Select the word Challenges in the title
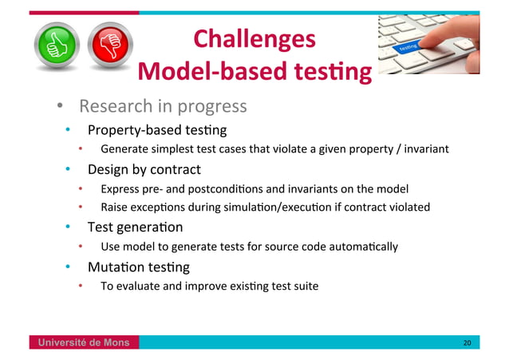point(254,38)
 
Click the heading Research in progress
point(162,107)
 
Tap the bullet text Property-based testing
point(157,130)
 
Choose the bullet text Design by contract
point(144,169)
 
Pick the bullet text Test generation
point(135,227)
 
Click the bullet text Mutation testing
point(138,267)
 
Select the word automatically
point(361,247)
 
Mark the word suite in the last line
point(304,286)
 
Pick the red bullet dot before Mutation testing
point(69,267)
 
